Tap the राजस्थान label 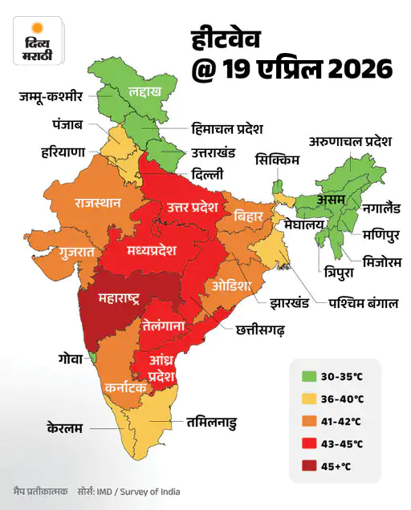[98, 202]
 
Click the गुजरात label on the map [76, 252]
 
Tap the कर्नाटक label [125, 387]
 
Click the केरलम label [65, 427]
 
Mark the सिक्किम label [278, 160]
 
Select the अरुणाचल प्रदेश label [350, 142]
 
